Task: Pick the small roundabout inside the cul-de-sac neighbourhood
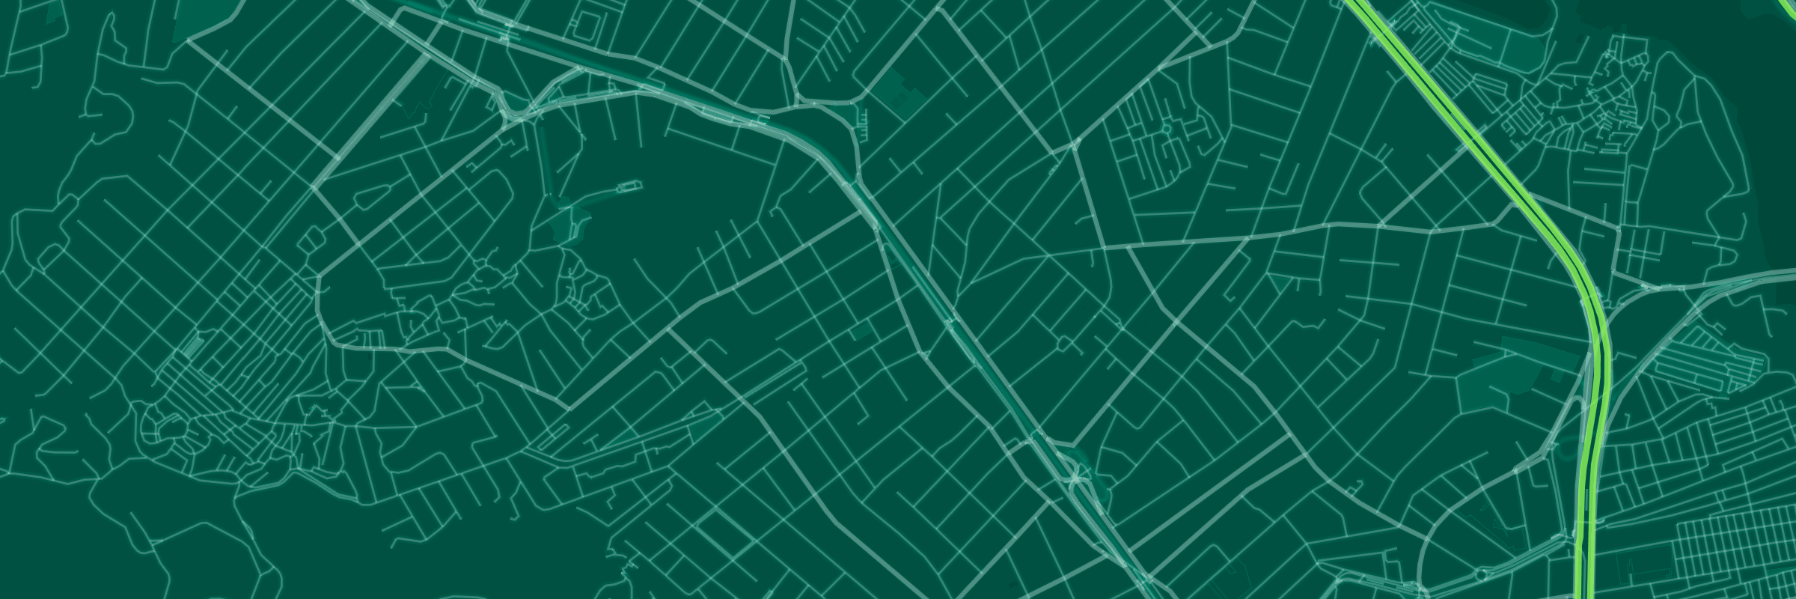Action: point(1166,130)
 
